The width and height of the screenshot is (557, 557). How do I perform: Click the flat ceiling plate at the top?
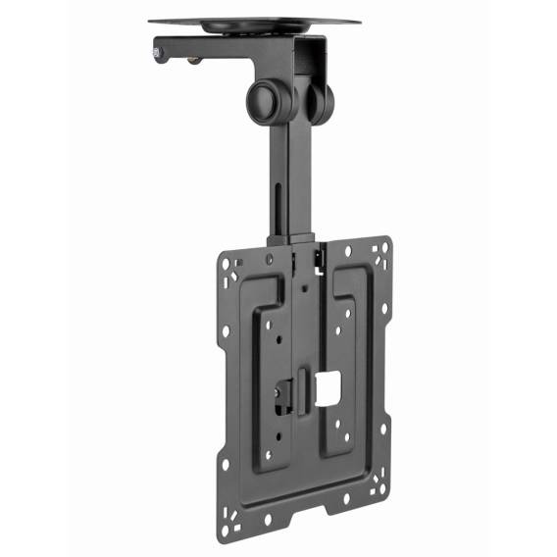tap(254, 19)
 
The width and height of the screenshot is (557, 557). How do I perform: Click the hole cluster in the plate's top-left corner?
tap(230, 268)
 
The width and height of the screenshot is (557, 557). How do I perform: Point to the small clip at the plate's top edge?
tap(320, 256)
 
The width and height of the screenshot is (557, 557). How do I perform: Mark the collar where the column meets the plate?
tap(290, 241)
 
